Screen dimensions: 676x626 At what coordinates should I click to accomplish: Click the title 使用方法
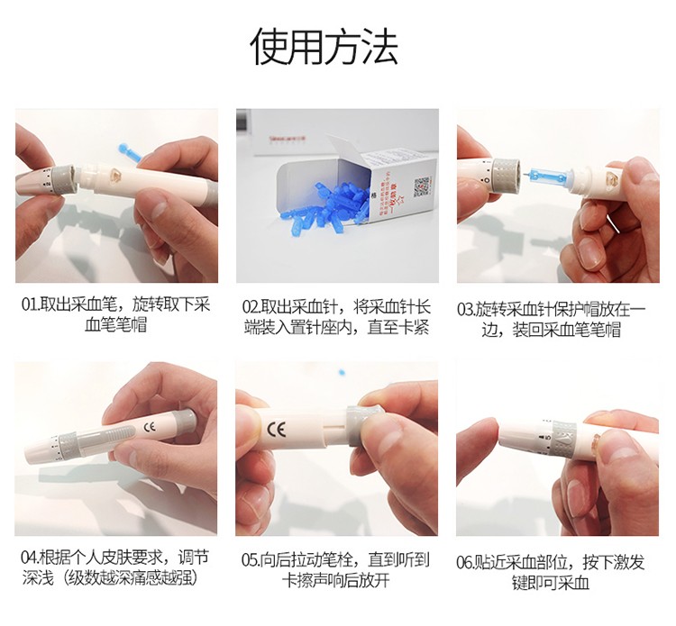click(x=324, y=47)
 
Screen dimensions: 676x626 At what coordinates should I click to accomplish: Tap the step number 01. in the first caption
click(x=30, y=305)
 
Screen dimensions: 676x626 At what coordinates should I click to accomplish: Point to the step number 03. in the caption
click(x=466, y=309)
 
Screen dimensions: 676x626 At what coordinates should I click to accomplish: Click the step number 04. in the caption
click(x=30, y=557)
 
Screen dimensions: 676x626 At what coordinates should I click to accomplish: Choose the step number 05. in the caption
click(x=251, y=559)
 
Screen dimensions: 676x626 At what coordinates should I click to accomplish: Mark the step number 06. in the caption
click(x=465, y=562)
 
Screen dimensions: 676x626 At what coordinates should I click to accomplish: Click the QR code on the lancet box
click(x=423, y=186)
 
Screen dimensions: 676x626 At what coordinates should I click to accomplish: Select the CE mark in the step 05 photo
click(x=276, y=429)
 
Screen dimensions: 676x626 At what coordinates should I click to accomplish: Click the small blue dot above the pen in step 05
click(x=343, y=371)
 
